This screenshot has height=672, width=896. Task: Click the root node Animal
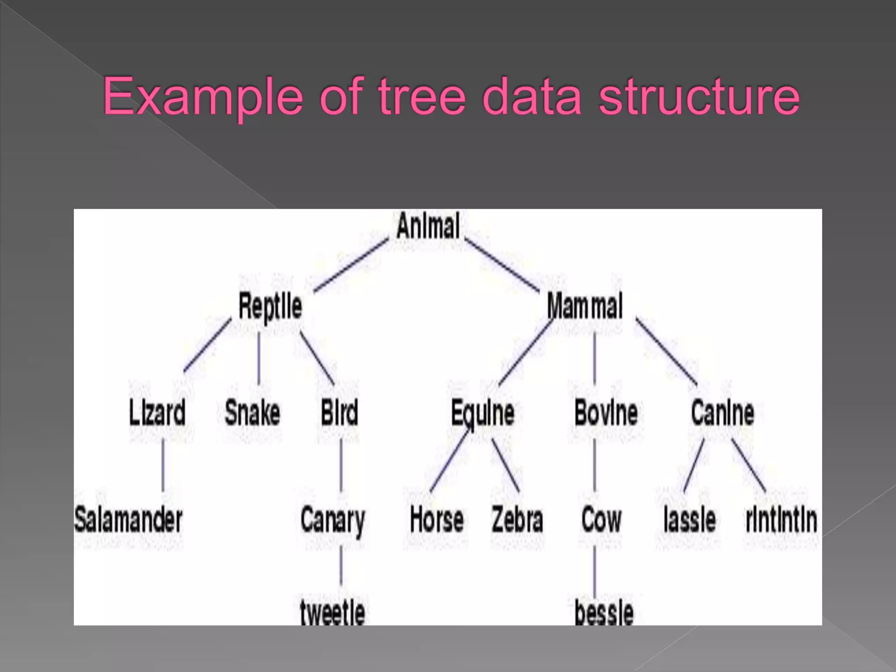[x=428, y=226]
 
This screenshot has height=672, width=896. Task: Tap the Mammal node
[x=585, y=306]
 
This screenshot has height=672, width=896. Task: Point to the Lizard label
[x=157, y=413]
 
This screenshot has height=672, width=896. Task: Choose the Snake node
[x=252, y=413]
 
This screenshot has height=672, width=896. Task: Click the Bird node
[x=339, y=413]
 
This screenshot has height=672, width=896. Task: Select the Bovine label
[x=606, y=413]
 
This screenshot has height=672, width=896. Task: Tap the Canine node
[x=723, y=413]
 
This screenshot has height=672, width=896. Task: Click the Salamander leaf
[x=128, y=520]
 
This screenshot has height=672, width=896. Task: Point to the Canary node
[x=332, y=521]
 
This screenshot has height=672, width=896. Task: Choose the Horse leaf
[x=437, y=520]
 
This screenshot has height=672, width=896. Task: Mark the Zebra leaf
[x=518, y=520]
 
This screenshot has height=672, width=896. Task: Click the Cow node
[x=602, y=520]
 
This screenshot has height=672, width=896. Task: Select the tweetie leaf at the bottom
[x=332, y=612]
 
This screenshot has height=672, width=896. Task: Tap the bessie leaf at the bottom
[x=604, y=612]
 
